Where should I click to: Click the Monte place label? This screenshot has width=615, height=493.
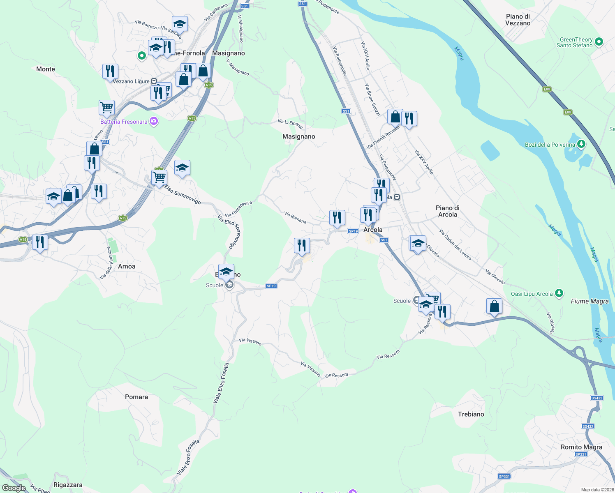click(45, 69)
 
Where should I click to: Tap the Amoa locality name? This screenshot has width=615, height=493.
click(126, 266)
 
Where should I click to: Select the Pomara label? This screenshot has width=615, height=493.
click(136, 397)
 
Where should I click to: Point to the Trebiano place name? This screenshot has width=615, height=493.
click(471, 414)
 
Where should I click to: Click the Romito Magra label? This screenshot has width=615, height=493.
click(581, 447)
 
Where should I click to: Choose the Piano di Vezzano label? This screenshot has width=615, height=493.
click(518, 20)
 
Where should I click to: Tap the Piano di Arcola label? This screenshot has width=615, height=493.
click(447, 211)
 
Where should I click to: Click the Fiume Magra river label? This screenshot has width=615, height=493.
click(590, 301)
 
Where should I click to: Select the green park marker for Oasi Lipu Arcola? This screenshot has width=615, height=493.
click(559, 293)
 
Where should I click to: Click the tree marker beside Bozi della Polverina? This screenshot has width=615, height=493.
click(581, 144)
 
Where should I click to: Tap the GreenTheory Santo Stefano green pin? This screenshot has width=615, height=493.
click(599, 41)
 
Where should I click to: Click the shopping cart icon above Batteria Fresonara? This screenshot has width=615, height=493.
click(106, 108)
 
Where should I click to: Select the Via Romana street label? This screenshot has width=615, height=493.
click(295, 217)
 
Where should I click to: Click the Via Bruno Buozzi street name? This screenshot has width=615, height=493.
click(372, 99)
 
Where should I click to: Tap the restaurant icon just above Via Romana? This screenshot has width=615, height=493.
click(337, 218)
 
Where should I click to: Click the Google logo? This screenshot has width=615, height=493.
click(14, 488)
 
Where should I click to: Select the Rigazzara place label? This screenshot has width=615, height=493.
click(68, 485)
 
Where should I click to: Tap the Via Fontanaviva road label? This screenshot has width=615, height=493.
click(238, 209)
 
